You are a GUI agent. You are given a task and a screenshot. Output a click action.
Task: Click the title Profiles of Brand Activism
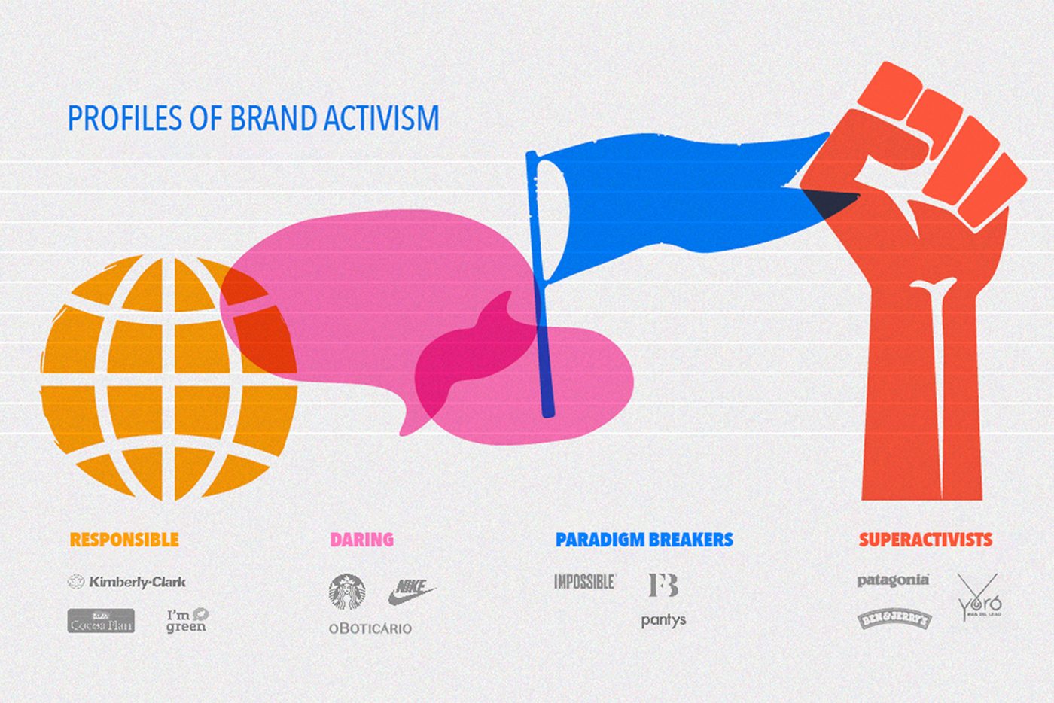253,119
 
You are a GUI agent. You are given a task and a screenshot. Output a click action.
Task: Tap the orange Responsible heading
124,540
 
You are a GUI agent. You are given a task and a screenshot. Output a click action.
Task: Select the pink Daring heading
361,540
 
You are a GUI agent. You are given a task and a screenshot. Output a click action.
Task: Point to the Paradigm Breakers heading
644,540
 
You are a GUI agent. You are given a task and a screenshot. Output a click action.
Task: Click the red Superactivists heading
925,540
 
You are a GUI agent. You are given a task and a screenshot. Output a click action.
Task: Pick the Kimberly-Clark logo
127,582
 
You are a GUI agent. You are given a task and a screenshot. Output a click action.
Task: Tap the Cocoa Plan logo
101,621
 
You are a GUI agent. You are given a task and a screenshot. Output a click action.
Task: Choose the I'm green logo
187,620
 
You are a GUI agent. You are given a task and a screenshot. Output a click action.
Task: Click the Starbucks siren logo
347,592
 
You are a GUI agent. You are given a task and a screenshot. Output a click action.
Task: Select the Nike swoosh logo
411,591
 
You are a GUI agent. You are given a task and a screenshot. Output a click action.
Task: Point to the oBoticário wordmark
370,628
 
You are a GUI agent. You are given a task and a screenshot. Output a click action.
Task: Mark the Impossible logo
585,581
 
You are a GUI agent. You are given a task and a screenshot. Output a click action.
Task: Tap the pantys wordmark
663,621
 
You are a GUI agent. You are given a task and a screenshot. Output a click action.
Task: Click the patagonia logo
893,580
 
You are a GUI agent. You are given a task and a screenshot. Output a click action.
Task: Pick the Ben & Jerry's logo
895,620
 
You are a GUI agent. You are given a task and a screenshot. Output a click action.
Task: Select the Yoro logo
979,598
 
